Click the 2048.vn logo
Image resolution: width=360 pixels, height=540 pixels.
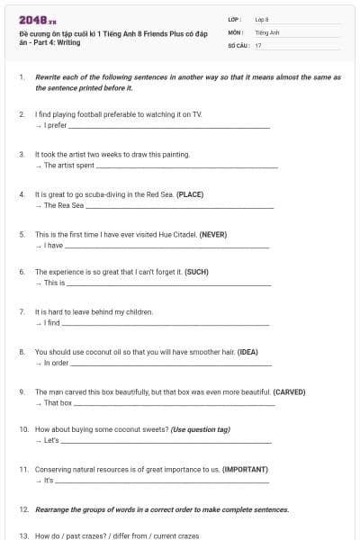[x=38, y=20]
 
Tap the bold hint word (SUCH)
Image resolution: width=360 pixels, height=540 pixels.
[x=197, y=272]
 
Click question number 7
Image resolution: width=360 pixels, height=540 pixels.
[x=22, y=311]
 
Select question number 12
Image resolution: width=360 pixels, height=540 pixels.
[x=23, y=509]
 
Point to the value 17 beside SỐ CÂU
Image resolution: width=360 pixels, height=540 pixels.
[x=258, y=45]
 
